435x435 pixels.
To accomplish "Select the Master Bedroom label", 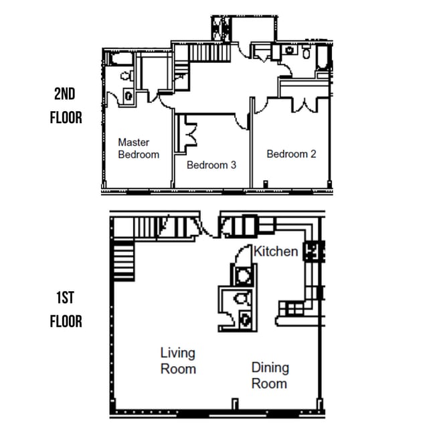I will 139,148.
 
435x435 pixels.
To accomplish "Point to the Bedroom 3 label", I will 211,165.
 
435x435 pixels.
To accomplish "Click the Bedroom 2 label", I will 291,154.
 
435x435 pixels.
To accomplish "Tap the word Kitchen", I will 276,252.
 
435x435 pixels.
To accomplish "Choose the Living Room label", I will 178,361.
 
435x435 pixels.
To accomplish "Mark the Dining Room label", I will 270,375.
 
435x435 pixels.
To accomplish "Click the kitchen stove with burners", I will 314,252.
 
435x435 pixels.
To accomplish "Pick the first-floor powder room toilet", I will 243,298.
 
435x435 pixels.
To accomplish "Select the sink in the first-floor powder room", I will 245,319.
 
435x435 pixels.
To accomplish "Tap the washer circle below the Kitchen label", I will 244,274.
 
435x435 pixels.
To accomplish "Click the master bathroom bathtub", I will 121,61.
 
